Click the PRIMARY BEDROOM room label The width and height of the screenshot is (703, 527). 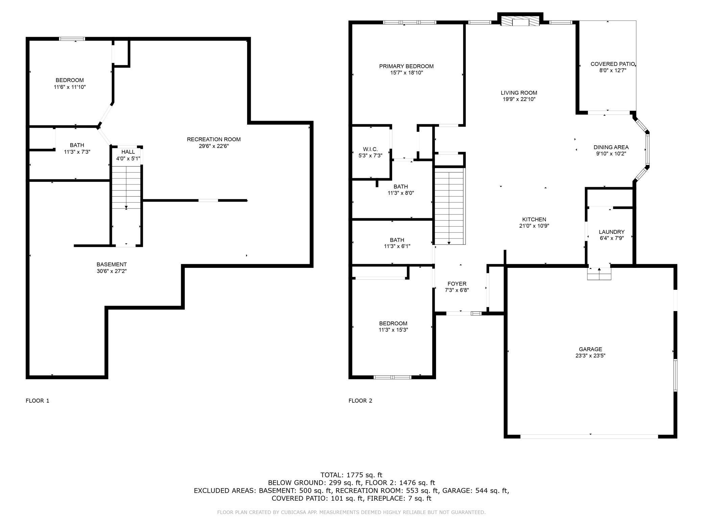coord(406,66)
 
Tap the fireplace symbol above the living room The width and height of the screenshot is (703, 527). coord(520,21)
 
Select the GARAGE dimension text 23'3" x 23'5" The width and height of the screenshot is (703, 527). coord(590,355)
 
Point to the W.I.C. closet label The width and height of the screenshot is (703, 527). coord(370,149)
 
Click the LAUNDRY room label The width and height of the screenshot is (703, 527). coord(611,232)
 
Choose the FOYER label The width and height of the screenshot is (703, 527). coord(457,284)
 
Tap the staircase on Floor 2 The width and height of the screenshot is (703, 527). coord(450,206)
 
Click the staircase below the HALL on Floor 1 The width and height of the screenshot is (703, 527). coord(126,187)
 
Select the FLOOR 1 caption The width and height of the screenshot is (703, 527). coord(38,401)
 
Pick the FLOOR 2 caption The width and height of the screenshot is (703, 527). coord(360,401)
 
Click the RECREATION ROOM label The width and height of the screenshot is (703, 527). coord(214,139)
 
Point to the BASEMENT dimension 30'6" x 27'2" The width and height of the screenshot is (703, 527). coord(112,271)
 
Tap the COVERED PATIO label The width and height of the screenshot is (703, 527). coord(612,64)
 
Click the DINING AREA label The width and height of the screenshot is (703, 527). coord(611,147)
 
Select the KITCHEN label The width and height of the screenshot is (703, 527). coord(534,219)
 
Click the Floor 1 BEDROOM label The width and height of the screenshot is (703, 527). coord(70,80)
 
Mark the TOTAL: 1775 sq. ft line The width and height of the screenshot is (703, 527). coord(351,475)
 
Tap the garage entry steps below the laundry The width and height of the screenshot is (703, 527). coord(599,274)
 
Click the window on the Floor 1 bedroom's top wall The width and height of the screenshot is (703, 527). coord(72,39)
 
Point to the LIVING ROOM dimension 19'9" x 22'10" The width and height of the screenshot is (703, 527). coord(519,99)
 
